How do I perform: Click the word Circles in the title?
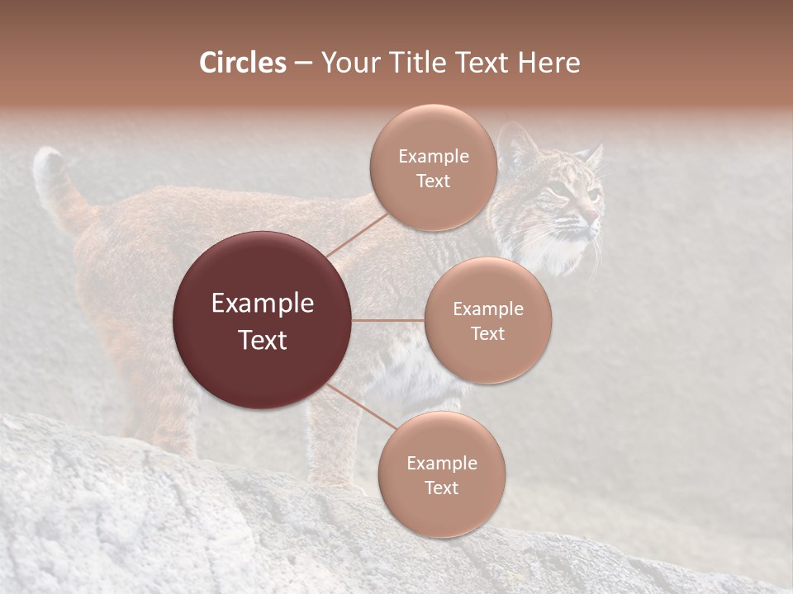coord(243,63)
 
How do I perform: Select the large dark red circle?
coord(262,320)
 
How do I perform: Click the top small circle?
coord(433,167)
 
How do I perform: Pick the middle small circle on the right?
coord(488,320)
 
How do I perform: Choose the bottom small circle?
coord(441,474)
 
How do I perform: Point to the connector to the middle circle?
coord(387,320)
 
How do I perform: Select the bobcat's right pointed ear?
coord(593,154)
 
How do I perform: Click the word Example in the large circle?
coord(262,304)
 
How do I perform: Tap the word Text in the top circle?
coord(433,181)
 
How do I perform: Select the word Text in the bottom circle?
coord(441,488)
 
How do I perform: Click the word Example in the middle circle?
coord(488,309)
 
